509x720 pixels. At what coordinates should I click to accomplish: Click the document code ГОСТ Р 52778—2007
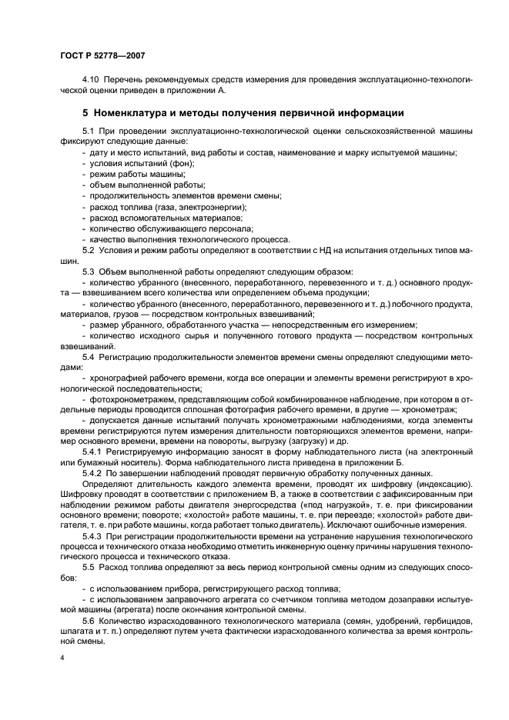[x=102, y=56]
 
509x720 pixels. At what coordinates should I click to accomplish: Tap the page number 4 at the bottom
[x=61, y=658]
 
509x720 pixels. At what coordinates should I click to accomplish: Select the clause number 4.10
[x=91, y=79]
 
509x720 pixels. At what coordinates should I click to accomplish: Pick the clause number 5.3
[x=88, y=272]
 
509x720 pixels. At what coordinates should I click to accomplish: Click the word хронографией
[x=120, y=378]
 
